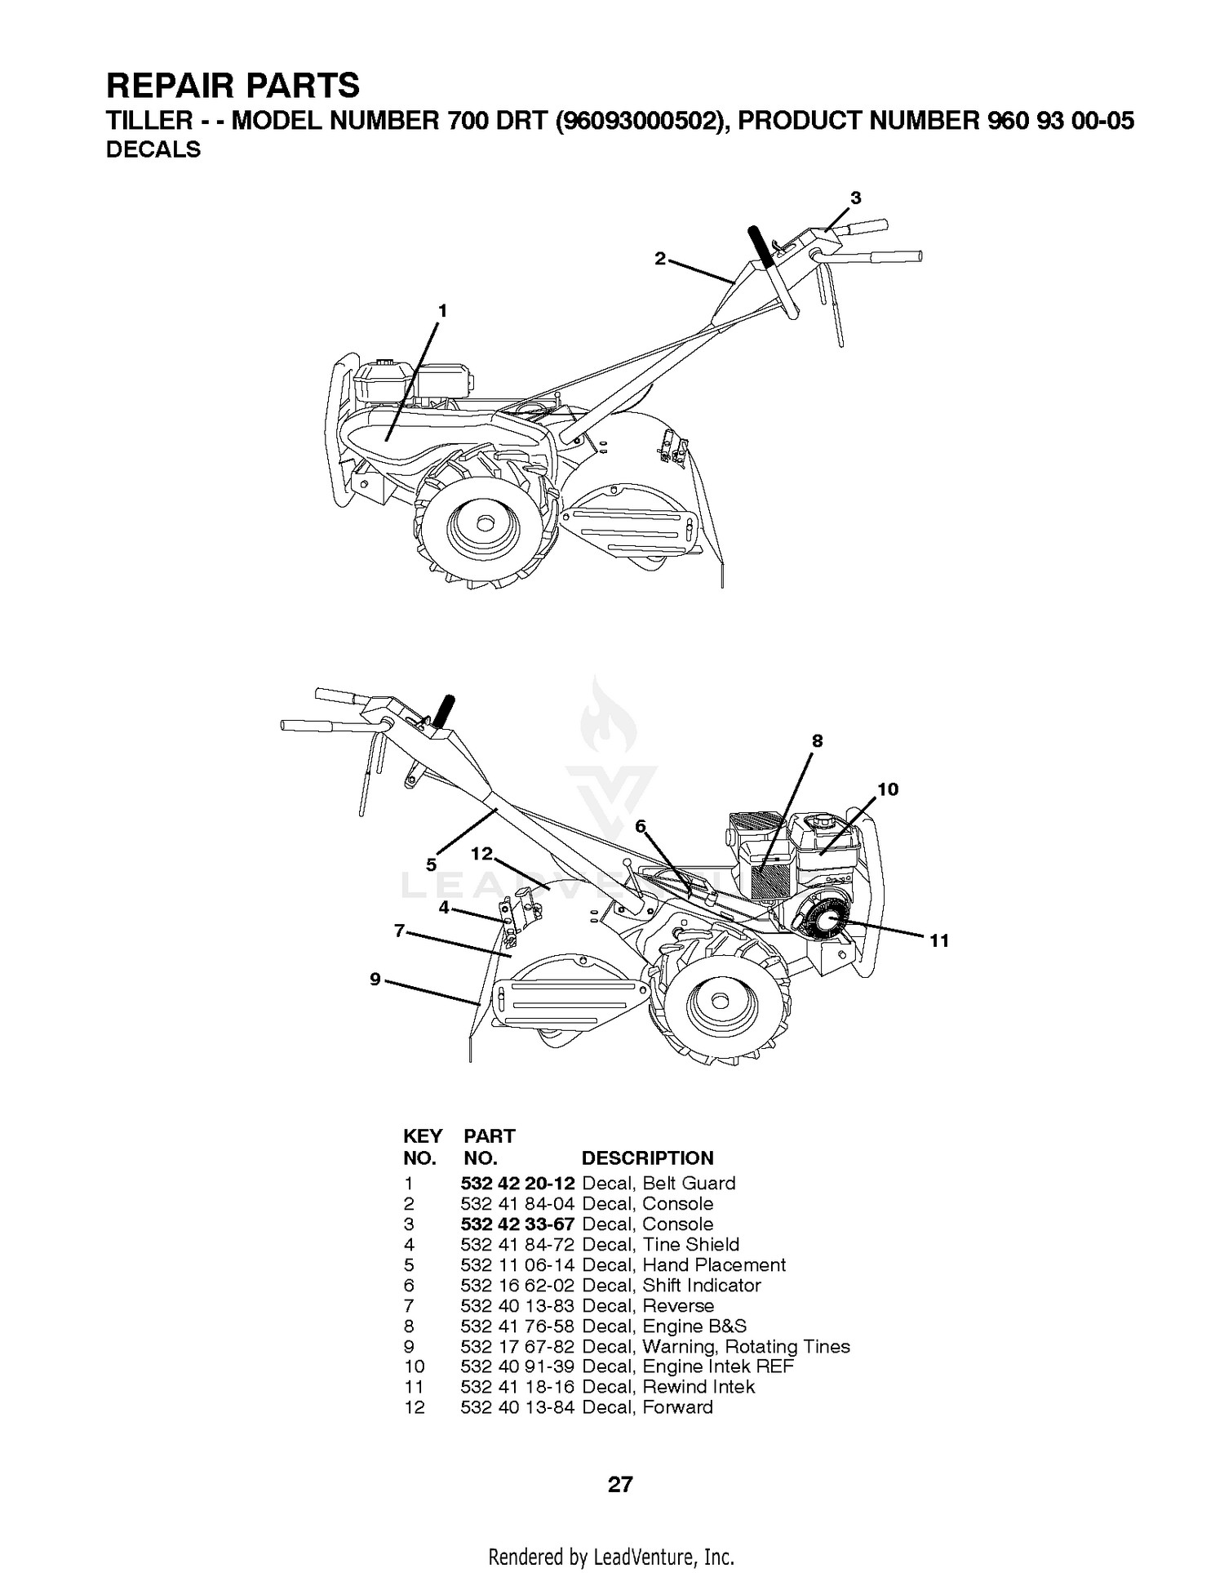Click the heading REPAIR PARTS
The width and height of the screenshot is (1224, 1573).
[233, 86]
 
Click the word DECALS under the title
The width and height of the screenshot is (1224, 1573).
[153, 150]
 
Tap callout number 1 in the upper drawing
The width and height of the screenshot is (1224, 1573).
[442, 311]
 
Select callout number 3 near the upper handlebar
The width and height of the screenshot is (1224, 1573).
[855, 198]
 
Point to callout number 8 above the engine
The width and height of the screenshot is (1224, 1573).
[817, 740]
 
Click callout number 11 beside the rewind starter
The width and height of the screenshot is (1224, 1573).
[939, 941]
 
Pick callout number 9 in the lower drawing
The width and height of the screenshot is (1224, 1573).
[375, 979]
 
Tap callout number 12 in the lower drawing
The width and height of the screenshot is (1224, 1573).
[482, 853]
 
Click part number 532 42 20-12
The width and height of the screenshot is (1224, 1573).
[518, 1184]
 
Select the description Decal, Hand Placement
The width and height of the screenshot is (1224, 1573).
[684, 1265]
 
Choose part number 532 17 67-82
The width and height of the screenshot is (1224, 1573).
[518, 1347]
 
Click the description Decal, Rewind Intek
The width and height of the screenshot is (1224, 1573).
[668, 1387]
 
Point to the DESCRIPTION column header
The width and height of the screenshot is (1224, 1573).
[647, 1158]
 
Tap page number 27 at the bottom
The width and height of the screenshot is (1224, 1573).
[620, 1484]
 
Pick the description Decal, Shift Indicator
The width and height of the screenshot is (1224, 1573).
[672, 1286]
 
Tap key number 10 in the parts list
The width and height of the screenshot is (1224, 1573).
[415, 1366]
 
